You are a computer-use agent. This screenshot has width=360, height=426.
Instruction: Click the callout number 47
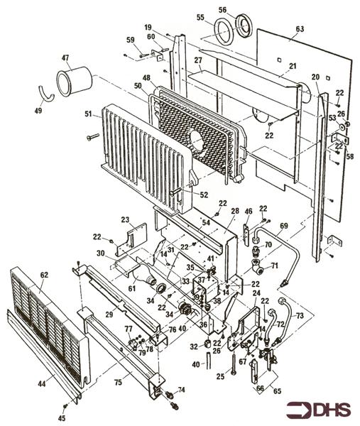tap(65, 58)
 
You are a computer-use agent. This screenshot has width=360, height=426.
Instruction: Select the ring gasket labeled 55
tap(224, 32)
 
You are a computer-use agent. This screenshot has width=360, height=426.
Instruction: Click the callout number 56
tap(222, 10)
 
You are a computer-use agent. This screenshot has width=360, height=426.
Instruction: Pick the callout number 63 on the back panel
tap(299, 29)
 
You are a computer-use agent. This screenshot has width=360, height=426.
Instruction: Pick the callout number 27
tap(198, 60)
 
